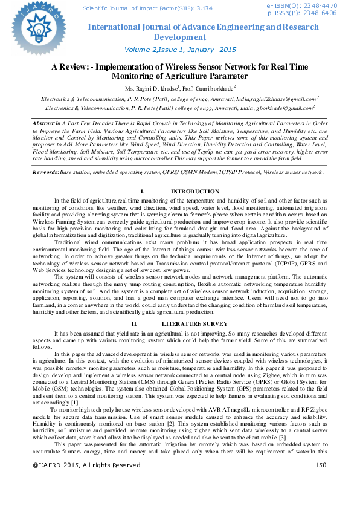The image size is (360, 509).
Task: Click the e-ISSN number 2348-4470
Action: [x=323, y=5]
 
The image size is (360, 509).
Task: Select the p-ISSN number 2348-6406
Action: [x=323, y=13]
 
